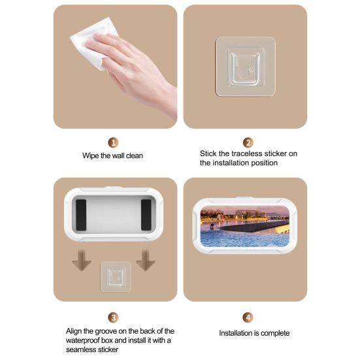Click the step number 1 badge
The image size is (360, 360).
click(x=113, y=142)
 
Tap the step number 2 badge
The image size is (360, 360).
click(x=248, y=142)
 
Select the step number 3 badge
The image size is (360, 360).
click(x=113, y=318)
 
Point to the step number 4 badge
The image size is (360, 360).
click(x=248, y=318)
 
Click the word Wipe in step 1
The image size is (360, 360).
click(x=91, y=155)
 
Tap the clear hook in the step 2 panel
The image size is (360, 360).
click(x=246, y=66)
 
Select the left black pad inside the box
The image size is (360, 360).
click(x=81, y=215)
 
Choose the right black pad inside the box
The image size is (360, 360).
click(x=146, y=215)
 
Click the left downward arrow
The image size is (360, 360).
click(x=82, y=261)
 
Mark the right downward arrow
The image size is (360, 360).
click(x=145, y=261)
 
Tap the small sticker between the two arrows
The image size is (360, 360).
click(x=116, y=276)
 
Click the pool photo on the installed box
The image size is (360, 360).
click(x=245, y=226)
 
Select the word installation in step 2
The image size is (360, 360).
click(x=229, y=163)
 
